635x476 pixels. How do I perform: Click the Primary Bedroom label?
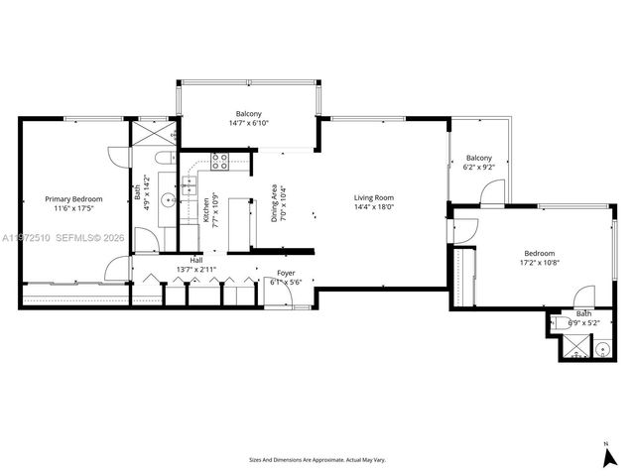68,198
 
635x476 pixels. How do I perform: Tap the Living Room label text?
374,197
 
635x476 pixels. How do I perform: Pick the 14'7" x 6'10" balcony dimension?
249,123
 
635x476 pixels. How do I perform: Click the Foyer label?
286,272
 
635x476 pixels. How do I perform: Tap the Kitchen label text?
205,206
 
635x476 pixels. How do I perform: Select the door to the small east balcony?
487,191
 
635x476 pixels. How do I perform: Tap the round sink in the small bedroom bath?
601,347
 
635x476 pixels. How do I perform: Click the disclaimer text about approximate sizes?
317,460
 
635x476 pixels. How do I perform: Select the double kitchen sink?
189,182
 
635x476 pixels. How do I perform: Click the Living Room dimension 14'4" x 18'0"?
374,207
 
